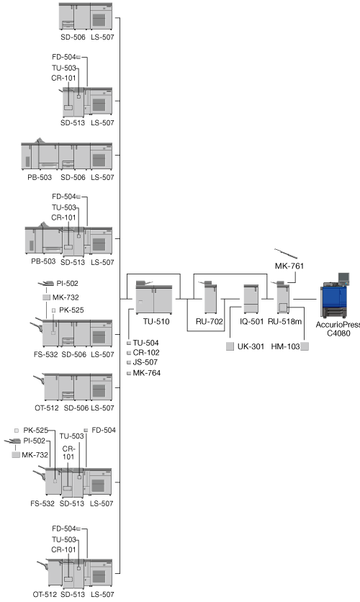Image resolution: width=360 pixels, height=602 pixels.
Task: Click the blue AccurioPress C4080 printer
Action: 335,297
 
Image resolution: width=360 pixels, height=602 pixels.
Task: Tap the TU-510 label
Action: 156,321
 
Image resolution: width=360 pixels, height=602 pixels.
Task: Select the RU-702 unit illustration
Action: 210,297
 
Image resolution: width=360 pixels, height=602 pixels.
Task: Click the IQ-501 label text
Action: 252,321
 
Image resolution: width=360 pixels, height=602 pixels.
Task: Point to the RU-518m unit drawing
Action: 282,297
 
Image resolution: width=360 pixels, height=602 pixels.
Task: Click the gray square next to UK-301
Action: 230,346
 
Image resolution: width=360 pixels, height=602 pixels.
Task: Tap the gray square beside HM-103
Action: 305,346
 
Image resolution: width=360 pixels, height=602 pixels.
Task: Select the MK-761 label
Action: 289,266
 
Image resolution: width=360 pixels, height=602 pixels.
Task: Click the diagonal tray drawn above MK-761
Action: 286,253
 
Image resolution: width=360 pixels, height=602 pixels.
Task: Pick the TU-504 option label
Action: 146,343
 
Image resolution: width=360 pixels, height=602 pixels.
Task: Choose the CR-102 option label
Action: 146,352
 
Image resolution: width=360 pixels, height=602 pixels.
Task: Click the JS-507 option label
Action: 145,362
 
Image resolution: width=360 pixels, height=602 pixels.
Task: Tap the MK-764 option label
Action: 147,373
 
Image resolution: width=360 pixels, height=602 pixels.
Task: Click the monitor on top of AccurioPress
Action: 343,277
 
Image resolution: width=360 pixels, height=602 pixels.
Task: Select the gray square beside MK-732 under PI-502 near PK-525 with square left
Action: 16,455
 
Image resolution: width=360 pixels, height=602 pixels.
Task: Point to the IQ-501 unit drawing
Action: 251,299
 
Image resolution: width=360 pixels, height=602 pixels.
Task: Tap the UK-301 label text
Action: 251,346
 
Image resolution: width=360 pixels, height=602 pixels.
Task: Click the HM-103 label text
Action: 285,346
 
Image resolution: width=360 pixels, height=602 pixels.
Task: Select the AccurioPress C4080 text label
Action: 338,329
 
